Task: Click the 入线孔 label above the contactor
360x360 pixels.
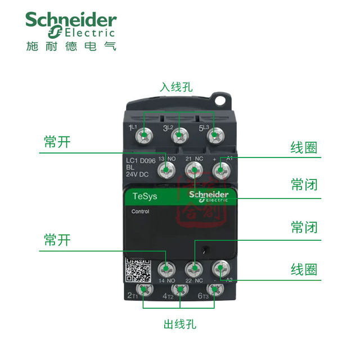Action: tap(176, 87)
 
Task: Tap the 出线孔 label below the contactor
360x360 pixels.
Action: tap(180, 325)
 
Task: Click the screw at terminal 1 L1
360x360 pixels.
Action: tap(145, 136)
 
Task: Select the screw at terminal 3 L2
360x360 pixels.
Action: tap(179, 136)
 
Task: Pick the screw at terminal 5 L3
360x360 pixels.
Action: tap(213, 136)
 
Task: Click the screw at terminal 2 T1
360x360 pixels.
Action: tap(145, 290)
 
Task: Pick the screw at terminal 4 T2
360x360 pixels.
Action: tap(179, 290)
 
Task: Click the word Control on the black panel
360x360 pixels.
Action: tap(141, 212)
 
